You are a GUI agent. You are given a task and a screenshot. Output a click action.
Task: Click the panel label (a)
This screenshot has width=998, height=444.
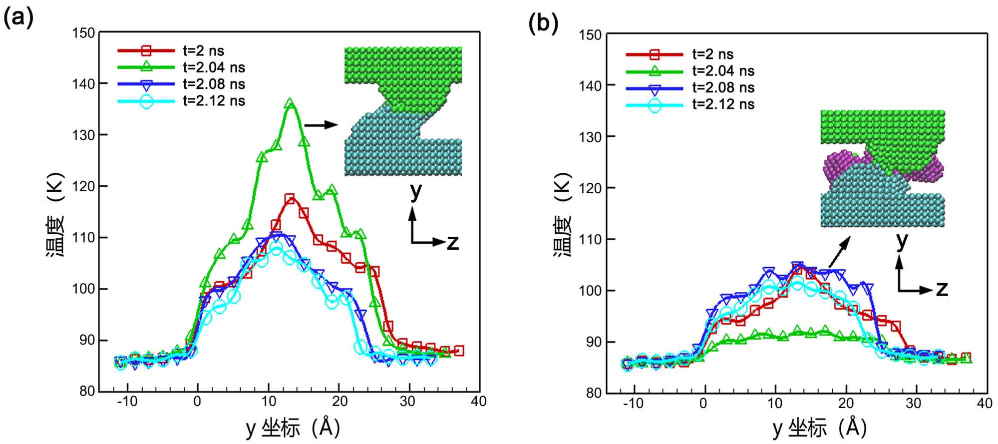18,18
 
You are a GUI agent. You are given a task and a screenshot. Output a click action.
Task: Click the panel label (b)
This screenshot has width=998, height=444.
543,23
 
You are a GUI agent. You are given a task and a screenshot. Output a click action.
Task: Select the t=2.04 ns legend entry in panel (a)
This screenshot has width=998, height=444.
214,67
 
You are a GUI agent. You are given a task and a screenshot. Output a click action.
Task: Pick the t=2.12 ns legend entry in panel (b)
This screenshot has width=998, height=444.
723,104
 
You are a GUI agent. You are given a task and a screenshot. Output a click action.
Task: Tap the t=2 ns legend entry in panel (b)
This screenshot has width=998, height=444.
713,54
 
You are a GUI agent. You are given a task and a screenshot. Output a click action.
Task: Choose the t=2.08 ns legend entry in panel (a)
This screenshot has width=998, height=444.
214,84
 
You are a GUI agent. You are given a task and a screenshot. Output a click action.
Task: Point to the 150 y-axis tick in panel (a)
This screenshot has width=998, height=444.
83,33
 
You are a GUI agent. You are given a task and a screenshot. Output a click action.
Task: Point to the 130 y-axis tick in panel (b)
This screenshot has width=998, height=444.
590,137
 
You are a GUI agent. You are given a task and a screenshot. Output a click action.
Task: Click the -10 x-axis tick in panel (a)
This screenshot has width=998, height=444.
127,402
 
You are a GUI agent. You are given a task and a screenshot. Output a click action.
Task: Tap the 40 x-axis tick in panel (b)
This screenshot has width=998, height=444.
985,404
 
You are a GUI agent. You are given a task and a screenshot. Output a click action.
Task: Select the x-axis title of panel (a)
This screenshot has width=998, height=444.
293,428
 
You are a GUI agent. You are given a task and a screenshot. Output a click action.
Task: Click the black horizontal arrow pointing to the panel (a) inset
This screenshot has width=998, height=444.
321,125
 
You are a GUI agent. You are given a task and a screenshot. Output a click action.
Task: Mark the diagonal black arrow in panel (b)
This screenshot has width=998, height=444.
839,252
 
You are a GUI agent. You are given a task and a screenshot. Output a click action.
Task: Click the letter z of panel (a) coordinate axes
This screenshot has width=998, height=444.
452,243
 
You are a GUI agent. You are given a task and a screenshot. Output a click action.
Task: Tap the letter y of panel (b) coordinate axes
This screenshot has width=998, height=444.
902,241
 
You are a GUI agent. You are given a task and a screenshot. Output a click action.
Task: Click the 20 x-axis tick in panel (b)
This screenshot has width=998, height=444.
846,404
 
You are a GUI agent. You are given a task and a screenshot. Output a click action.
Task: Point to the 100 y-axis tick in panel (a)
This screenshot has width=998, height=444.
83,289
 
